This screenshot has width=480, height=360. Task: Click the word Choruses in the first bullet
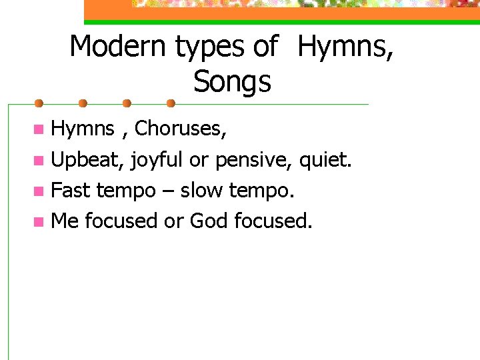pyautogui.click(x=179, y=128)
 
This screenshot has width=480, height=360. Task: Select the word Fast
pyautogui.click(x=71, y=190)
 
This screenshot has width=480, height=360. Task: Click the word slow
pyautogui.click(x=202, y=190)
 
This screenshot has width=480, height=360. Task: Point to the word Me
pyautogui.click(x=65, y=220)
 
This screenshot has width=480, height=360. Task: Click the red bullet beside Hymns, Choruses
pyautogui.click(x=41, y=129)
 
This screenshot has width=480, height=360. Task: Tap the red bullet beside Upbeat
pyautogui.click(x=41, y=160)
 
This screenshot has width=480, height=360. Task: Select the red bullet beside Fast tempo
pyautogui.click(x=41, y=191)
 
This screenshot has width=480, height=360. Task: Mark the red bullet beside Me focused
pyautogui.click(x=41, y=221)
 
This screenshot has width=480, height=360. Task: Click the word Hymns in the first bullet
pyautogui.click(x=83, y=128)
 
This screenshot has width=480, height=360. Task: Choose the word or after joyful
pyautogui.click(x=199, y=160)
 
